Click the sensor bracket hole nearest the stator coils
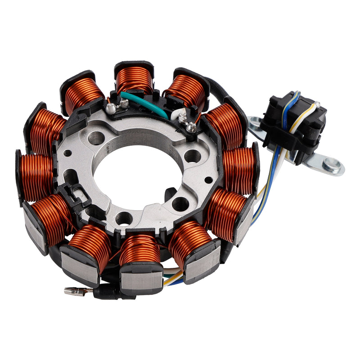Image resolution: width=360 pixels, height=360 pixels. (256, 121)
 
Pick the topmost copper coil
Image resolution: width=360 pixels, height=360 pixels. (134, 79)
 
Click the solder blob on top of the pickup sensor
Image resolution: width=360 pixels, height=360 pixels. (318, 104)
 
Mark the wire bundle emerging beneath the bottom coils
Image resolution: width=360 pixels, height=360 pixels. (173, 276)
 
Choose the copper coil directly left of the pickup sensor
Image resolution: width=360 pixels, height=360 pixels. (238, 169)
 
